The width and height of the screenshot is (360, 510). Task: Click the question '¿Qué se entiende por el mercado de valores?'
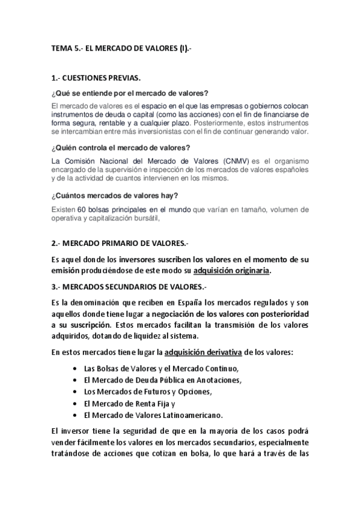point(130,93)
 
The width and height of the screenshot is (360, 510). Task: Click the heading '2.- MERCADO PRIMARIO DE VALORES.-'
point(120,243)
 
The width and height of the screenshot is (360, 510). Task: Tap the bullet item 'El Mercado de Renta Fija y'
point(129,403)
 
